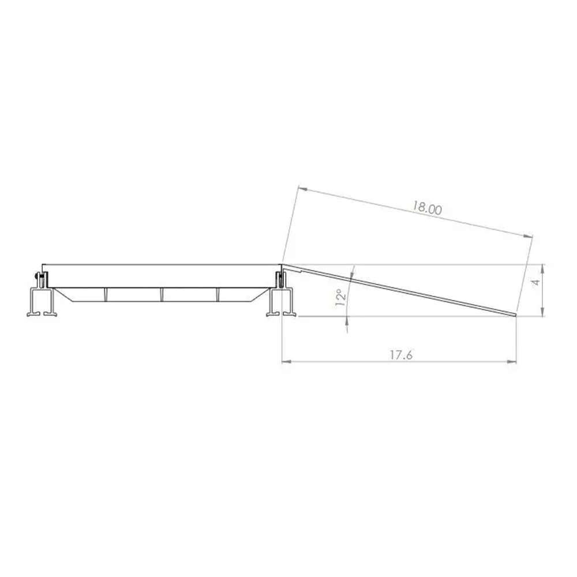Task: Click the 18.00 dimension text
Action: point(427,208)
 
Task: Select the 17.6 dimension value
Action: point(399,355)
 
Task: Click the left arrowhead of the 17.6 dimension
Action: point(285,362)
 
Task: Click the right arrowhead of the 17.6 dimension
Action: point(512,362)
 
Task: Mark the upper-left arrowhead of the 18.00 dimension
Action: point(302,188)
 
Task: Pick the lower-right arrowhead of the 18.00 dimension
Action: point(527,235)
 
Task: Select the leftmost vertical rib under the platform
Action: point(106,294)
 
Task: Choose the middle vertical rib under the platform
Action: point(163,294)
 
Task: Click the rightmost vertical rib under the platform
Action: point(219,294)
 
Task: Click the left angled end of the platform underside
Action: point(62,294)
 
